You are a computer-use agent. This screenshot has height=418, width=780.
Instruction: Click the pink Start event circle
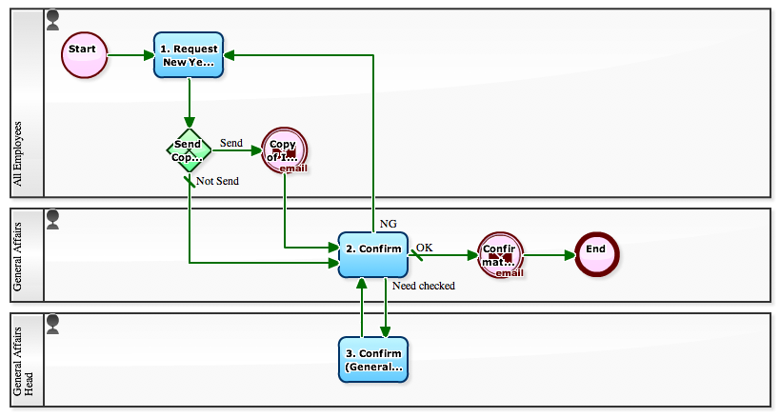click(x=85, y=54)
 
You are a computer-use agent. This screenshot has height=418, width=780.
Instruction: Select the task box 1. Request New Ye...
click(x=189, y=54)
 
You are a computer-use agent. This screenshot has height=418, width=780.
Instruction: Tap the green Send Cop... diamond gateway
click(x=189, y=149)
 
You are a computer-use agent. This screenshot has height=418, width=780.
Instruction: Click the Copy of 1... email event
click(x=285, y=150)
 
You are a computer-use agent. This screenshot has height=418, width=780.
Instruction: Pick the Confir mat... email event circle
click(x=501, y=255)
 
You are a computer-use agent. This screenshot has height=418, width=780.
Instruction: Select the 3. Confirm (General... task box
click(x=372, y=359)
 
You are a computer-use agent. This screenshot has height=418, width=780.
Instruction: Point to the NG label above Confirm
click(x=388, y=224)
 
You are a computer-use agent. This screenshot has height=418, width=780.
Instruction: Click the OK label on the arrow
click(x=424, y=248)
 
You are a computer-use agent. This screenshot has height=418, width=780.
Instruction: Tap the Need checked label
click(x=423, y=286)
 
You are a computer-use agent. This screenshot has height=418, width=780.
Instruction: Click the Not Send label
click(x=217, y=181)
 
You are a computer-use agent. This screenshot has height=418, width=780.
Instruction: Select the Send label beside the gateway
click(x=230, y=143)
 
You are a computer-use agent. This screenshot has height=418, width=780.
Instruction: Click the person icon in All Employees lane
click(x=52, y=18)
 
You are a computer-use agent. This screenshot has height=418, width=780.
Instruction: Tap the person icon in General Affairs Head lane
click(x=52, y=323)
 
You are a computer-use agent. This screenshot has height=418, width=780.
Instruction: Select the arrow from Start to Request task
click(x=130, y=54)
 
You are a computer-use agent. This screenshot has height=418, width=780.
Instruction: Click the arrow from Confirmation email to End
click(x=550, y=255)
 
